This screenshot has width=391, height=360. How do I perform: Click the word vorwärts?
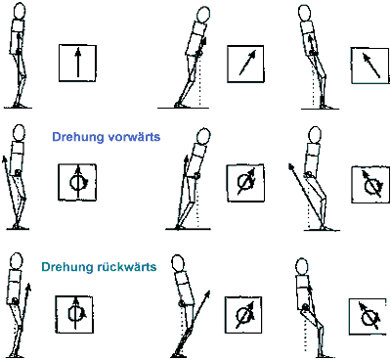(134, 136)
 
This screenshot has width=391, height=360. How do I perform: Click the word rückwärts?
(127, 267)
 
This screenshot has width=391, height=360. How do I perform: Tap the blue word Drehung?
(77, 137)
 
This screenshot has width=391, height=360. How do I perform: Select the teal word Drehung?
(67, 267)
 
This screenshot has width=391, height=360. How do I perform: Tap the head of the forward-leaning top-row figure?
(203, 15)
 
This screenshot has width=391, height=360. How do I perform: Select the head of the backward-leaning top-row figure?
(304, 13)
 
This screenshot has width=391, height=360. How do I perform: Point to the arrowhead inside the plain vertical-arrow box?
(77, 52)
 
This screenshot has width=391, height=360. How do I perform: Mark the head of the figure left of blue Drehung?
(19, 133)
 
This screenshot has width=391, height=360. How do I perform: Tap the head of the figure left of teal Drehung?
(17, 262)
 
